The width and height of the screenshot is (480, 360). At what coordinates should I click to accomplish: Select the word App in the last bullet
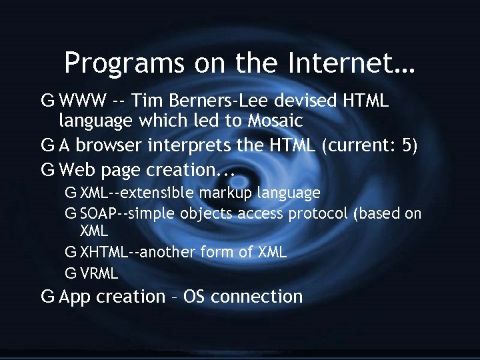(x=75, y=297)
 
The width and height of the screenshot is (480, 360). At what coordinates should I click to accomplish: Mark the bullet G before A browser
(x=47, y=145)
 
